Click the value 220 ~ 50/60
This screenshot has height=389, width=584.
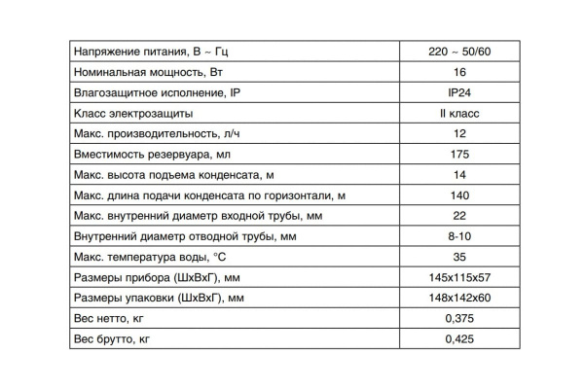click(459, 51)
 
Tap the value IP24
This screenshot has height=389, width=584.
click(459, 92)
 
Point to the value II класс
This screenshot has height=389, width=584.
click(459, 113)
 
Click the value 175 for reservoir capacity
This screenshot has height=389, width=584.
click(459, 154)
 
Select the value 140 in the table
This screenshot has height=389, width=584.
click(459, 194)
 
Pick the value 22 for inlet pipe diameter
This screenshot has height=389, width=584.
click(459, 215)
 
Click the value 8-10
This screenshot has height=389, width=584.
click(459, 235)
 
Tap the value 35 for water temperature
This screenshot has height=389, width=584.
click(459, 257)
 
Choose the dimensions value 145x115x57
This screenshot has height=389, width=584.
click(459, 277)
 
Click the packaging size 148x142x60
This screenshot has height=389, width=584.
click(459, 298)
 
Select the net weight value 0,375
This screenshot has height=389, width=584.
click(459, 318)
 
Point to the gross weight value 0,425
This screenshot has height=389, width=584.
click(459, 338)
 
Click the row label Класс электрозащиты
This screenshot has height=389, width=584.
click(131, 113)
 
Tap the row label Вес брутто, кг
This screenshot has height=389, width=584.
click(113, 338)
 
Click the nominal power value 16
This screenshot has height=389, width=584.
click(459, 72)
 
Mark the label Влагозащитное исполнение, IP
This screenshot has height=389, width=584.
click(157, 92)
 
